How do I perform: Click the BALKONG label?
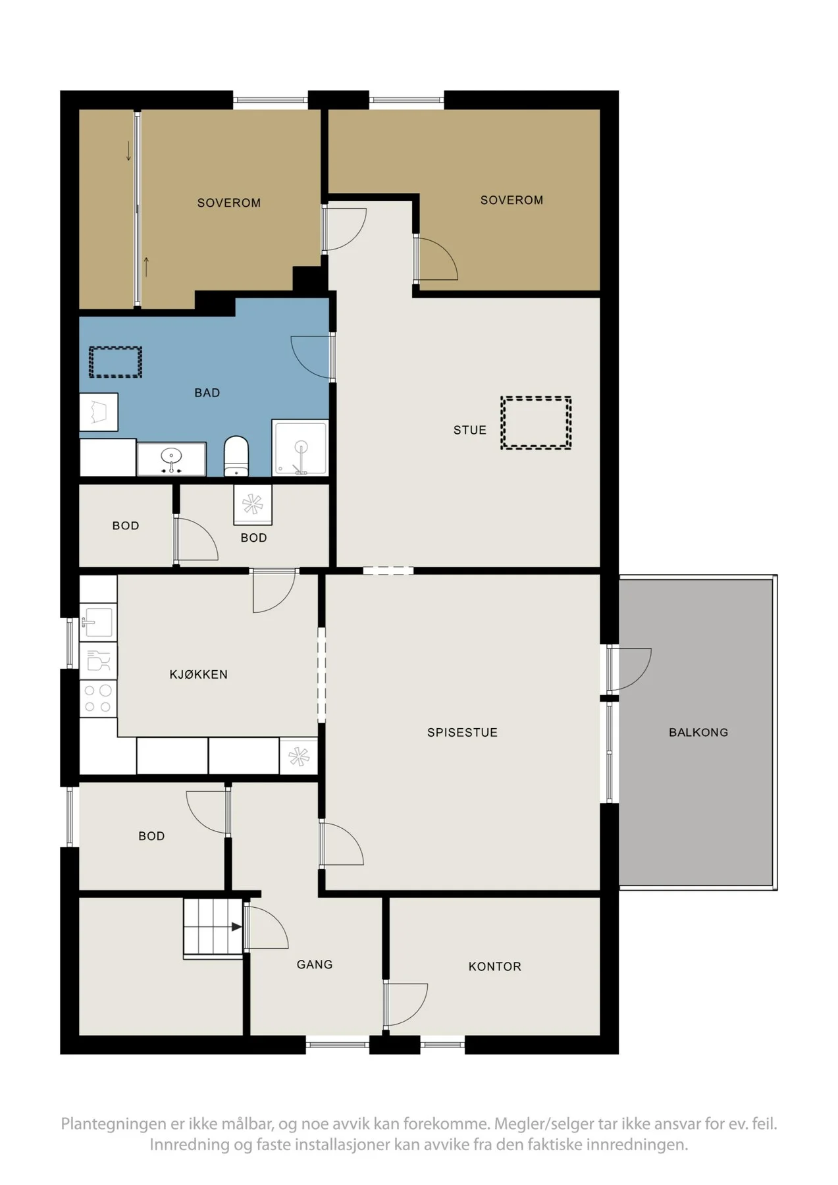[x=698, y=732]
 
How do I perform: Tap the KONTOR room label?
[x=495, y=966]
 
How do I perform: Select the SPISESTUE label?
[x=462, y=732]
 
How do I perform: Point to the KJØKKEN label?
[x=198, y=674]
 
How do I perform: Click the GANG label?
[x=315, y=964]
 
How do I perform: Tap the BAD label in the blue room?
[x=207, y=392]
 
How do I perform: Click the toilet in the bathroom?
[x=236, y=456]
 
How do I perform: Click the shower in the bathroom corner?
[x=300, y=448]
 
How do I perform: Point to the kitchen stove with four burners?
[x=98, y=699]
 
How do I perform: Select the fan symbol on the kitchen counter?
[x=299, y=756]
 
